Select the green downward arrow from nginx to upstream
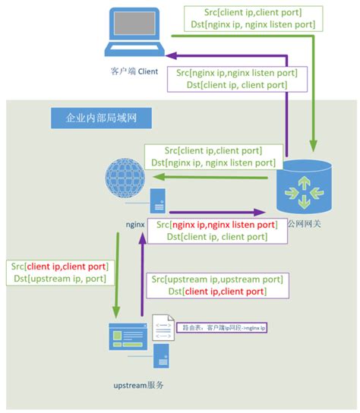(x=116, y=273)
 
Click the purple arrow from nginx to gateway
(x=220, y=213)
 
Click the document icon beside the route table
(x=163, y=328)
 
